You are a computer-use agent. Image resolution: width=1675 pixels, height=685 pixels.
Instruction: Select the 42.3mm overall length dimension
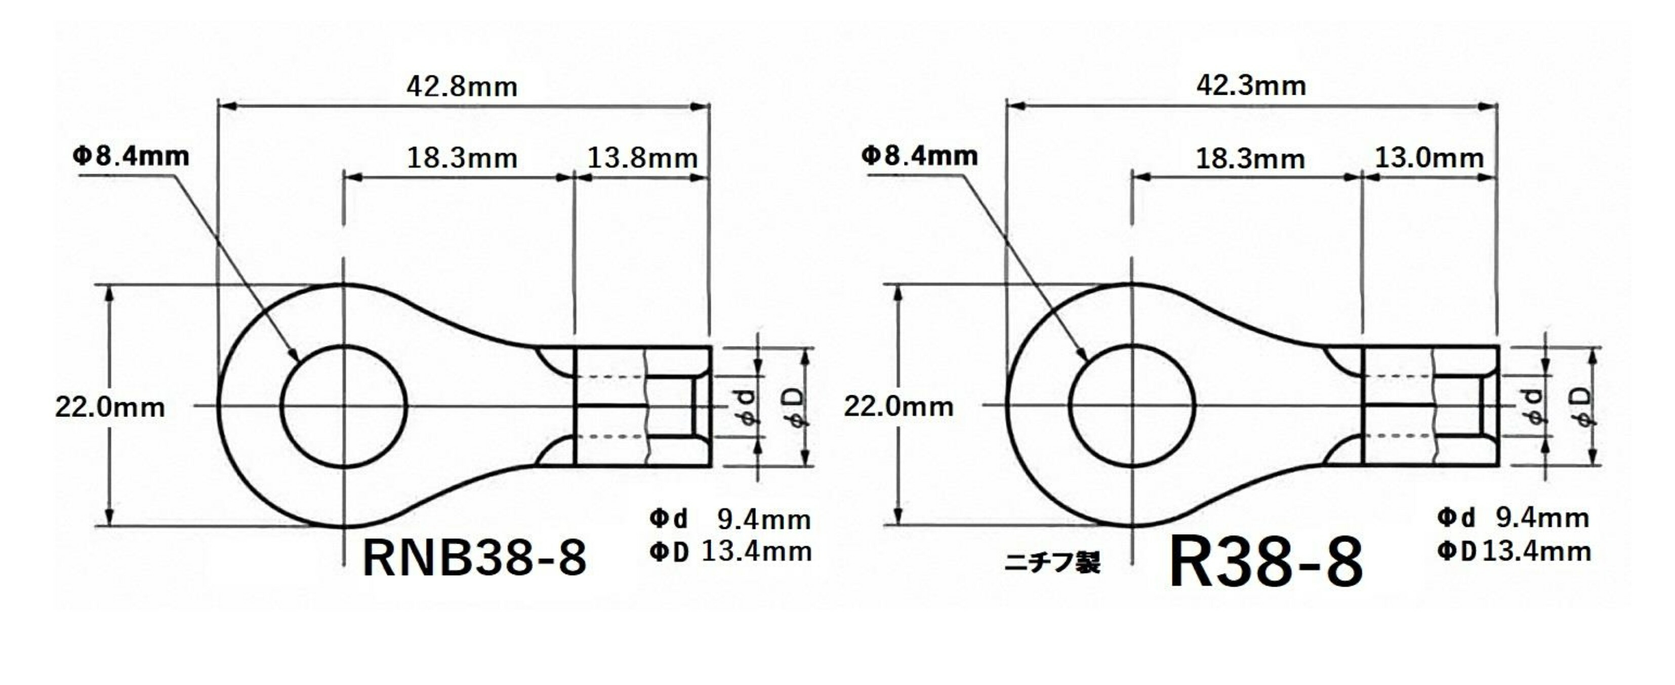pos(1251,86)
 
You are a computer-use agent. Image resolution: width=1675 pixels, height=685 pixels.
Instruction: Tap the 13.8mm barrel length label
pos(642,158)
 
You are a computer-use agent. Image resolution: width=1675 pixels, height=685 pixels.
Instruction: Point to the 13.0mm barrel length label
pos(1429,158)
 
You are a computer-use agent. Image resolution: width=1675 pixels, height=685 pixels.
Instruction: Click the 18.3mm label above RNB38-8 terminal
pos(462,158)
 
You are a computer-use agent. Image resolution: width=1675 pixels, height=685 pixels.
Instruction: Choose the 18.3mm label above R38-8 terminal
pos(1250,158)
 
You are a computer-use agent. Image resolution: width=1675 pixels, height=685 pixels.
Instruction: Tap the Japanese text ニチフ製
pos(1052,563)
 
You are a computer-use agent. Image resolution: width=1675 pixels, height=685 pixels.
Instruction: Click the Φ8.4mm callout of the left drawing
pos(131,156)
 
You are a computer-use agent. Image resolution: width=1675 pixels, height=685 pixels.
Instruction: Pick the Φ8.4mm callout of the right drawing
pos(919,156)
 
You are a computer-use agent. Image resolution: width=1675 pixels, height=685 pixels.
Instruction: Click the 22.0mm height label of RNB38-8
pos(110,408)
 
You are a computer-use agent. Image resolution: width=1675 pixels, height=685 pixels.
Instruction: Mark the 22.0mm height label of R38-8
pos(898,407)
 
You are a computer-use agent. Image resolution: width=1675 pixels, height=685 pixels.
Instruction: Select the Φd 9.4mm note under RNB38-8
pos(729,519)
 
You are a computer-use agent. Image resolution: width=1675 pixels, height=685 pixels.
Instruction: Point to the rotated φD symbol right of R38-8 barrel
pos(1584,406)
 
